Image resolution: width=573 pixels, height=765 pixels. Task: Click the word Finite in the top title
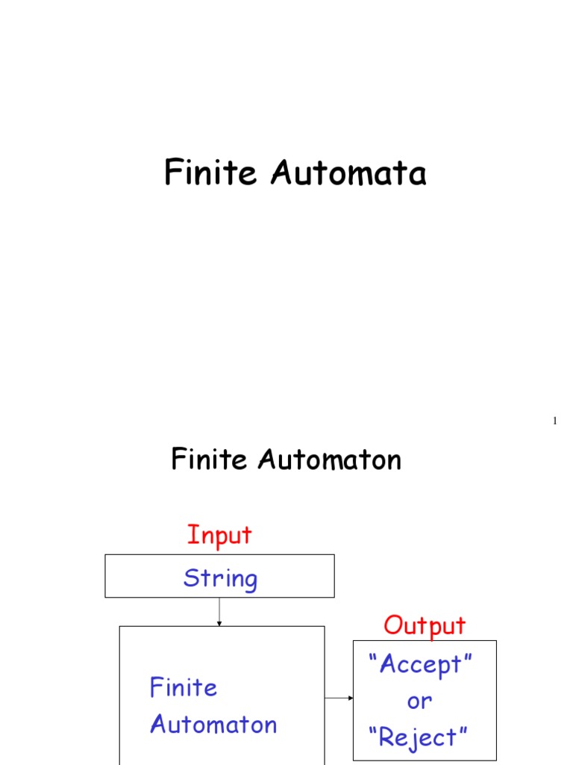pyautogui.click(x=212, y=173)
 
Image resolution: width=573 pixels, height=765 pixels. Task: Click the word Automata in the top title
pyautogui.click(x=348, y=173)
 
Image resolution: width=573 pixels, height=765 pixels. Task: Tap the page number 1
pyautogui.click(x=554, y=422)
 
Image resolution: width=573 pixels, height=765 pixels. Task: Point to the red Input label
pyautogui.click(x=219, y=536)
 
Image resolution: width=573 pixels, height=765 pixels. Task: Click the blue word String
pyautogui.click(x=220, y=578)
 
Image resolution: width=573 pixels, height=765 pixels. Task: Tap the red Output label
pyautogui.click(x=425, y=625)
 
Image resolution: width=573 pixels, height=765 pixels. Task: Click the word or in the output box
pyautogui.click(x=419, y=701)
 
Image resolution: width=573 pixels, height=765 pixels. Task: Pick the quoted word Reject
pyautogui.click(x=419, y=738)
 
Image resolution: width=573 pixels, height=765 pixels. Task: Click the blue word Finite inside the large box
pyautogui.click(x=184, y=687)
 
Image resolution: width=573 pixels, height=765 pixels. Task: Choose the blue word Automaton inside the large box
pyautogui.click(x=213, y=725)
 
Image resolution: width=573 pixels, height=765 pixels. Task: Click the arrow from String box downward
pyautogui.click(x=219, y=612)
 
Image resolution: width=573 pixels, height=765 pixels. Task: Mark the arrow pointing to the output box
pyautogui.click(x=339, y=699)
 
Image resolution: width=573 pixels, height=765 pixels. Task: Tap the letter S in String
pyautogui.click(x=192, y=578)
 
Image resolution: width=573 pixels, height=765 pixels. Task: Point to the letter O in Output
pyautogui.click(x=393, y=625)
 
